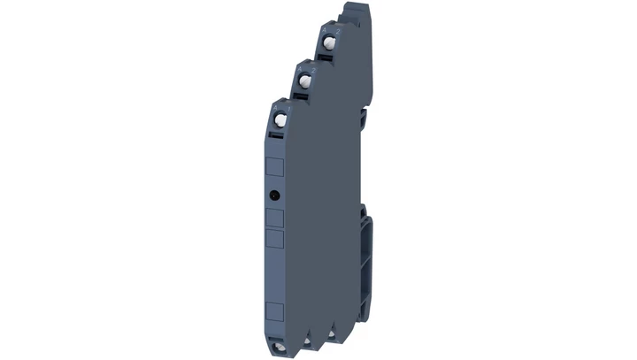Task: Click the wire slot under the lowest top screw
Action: coord(277,135)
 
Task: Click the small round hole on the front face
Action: coord(275,194)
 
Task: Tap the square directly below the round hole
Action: coord(275,218)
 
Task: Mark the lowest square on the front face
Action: coord(275,310)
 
